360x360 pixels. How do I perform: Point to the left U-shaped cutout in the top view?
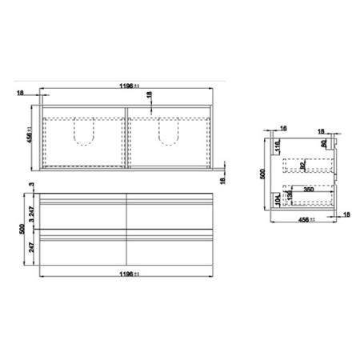(x=84, y=134)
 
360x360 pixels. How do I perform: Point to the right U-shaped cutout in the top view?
(x=169, y=134)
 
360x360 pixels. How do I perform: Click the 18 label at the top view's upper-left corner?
(x=19, y=93)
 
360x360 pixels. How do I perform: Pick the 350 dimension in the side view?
(x=308, y=190)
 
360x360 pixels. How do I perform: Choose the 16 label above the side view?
(x=283, y=128)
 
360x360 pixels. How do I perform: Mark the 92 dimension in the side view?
(x=303, y=166)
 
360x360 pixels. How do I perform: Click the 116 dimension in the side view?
(x=277, y=149)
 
